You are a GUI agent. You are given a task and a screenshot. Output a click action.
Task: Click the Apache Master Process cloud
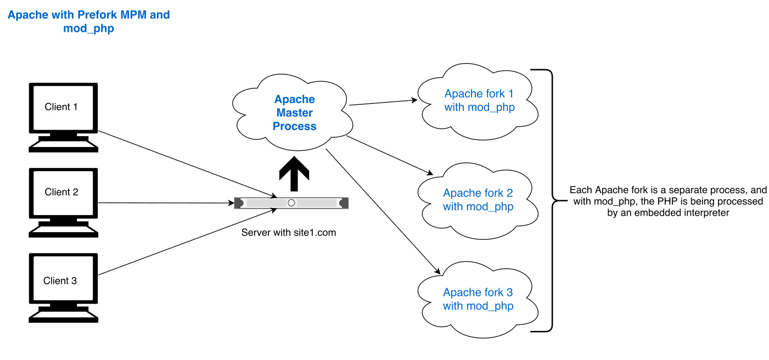295,113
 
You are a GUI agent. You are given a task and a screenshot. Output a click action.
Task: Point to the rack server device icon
291,203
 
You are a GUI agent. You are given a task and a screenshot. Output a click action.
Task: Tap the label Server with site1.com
289,233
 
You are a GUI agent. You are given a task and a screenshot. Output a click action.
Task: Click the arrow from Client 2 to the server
165,203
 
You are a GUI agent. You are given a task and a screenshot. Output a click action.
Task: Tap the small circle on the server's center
291,203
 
